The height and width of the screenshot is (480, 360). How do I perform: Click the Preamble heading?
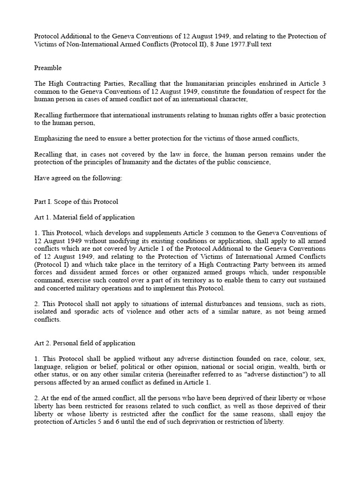pyautogui.click(x=48, y=68)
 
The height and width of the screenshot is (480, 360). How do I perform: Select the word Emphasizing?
pyautogui.click(x=52, y=138)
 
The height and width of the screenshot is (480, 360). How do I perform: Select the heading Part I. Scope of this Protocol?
pyautogui.click(x=76, y=202)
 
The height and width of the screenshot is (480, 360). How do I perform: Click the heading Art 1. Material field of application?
pyautogui.click(x=84, y=217)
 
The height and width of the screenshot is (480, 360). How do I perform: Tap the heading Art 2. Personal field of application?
pyautogui.click(x=84, y=343)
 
